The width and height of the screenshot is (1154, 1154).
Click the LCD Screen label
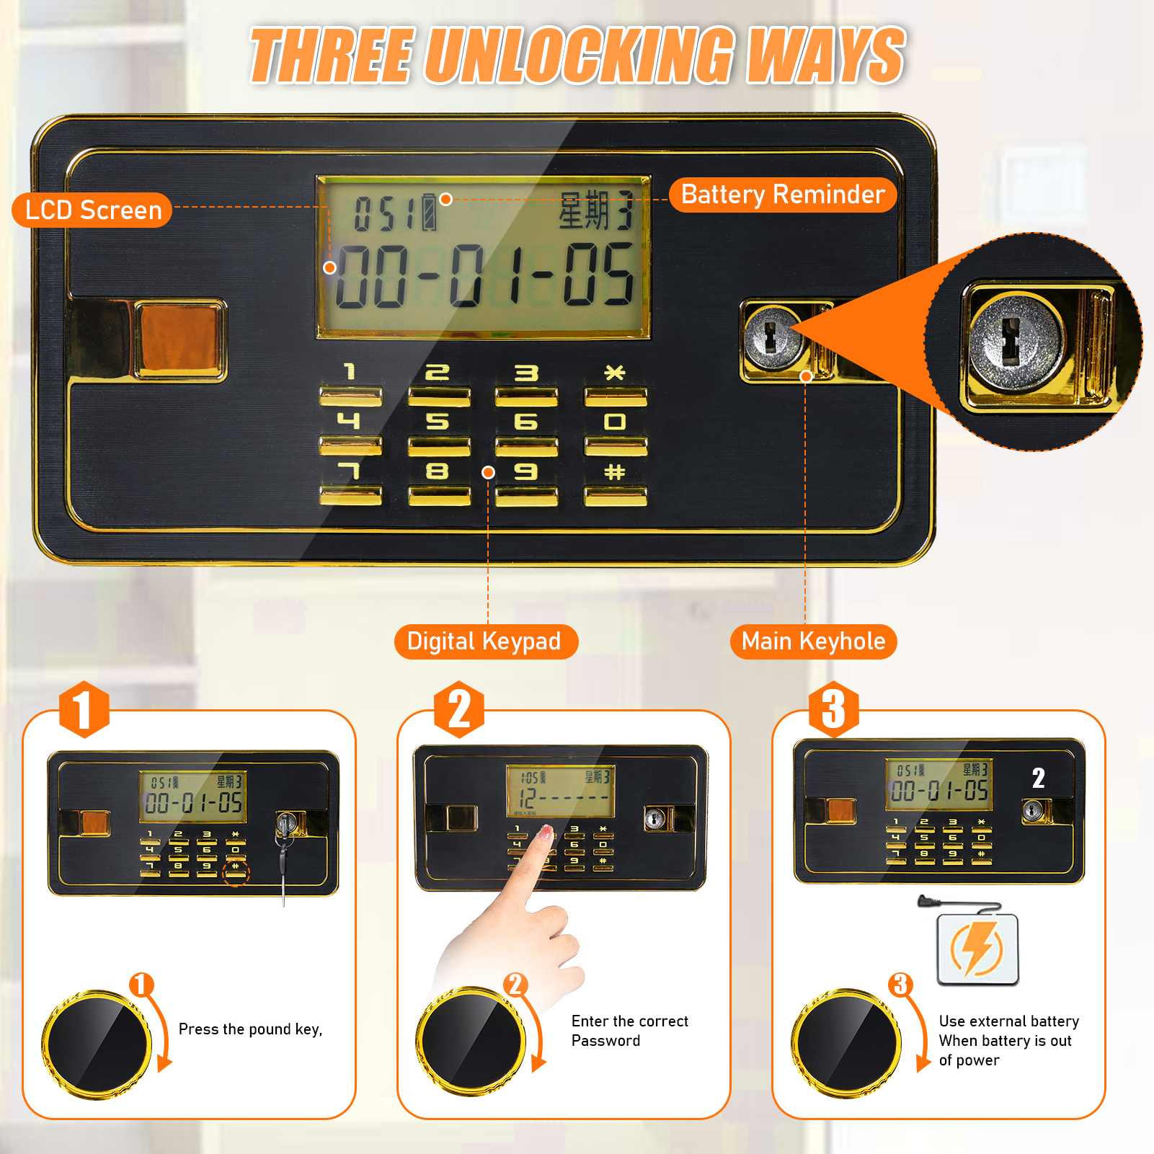(x=92, y=210)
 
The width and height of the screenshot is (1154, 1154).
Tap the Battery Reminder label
(x=783, y=195)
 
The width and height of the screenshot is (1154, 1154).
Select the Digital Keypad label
(x=486, y=642)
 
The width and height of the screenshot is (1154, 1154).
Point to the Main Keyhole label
(x=813, y=642)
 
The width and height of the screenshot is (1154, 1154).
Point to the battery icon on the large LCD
(x=430, y=212)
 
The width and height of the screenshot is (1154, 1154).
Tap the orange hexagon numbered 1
(x=84, y=709)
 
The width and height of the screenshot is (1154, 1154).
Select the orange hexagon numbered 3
(x=834, y=709)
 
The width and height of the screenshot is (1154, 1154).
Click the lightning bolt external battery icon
(x=977, y=949)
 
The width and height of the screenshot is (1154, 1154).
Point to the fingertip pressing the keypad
(x=546, y=835)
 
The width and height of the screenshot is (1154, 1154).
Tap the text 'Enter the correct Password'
(x=630, y=1031)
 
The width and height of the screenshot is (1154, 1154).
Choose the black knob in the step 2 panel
(x=471, y=1041)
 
